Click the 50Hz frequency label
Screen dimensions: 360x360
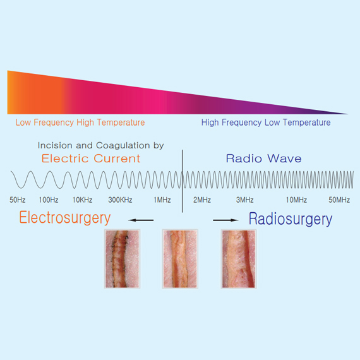point(18,200)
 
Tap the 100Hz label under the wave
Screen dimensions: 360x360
point(49,200)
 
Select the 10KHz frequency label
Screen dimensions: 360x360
point(83,200)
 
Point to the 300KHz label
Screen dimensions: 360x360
point(120,200)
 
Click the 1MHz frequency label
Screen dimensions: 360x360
point(162,200)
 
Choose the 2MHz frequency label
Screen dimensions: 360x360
point(202,200)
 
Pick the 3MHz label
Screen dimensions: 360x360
point(245,200)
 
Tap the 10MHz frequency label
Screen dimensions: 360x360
point(296,200)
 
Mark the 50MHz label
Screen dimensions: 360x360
point(339,200)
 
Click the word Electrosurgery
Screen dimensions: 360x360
point(65,218)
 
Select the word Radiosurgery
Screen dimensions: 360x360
point(291,219)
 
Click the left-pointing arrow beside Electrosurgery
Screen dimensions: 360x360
point(141,220)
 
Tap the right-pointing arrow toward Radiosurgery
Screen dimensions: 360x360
point(225,220)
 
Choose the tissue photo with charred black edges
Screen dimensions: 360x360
point(122,259)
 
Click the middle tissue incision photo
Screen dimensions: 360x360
point(180,259)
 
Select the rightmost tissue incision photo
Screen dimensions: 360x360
point(239,259)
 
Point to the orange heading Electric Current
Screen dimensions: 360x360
point(91,159)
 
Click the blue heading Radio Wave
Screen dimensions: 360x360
point(264,159)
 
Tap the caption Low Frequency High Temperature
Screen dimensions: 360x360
point(80,123)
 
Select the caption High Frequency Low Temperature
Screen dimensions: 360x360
point(266,123)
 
